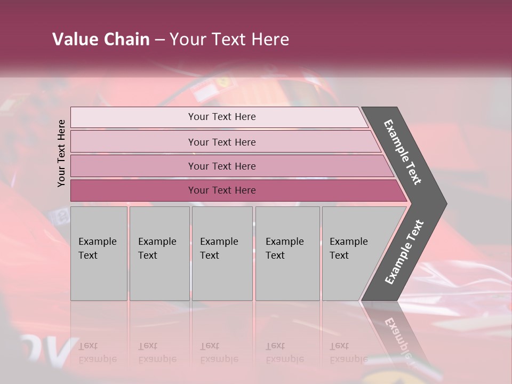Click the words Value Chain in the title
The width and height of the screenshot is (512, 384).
click(x=101, y=39)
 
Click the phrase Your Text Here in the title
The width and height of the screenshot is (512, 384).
click(x=229, y=39)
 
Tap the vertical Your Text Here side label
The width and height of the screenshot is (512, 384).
click(x=61, y=153)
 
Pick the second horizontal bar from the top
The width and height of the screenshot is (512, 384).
click(x=221, y=142)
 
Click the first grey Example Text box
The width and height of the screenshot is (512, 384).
click(x=99, y=253)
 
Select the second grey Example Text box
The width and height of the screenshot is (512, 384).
click(x=159, y=253)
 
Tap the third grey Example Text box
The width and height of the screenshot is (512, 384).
click(x=222, y=253)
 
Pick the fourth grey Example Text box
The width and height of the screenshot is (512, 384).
click(x=287, y=253)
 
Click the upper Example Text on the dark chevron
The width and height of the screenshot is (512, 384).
click(x=403, y=152)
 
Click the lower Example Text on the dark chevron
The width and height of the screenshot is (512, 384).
click(x=404, y=252)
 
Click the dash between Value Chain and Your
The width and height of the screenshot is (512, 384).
click(x=159, y=40)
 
